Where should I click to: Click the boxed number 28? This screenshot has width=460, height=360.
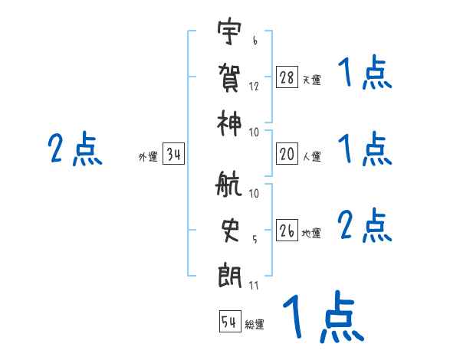click(287, 77)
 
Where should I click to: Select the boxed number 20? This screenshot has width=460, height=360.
click(287, 154)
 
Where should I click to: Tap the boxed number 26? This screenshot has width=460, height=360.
click(287, 231)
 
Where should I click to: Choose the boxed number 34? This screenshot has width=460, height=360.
click(173, 155)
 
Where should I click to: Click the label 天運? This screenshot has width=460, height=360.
click(311, 80)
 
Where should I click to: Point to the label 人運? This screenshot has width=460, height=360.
click(311, 156)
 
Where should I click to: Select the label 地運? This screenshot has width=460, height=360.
click(311, 233)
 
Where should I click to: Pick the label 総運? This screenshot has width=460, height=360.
click(255, 324)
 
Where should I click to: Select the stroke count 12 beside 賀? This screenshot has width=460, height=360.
click(254, 86)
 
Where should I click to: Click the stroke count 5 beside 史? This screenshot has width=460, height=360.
click(253, 239)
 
